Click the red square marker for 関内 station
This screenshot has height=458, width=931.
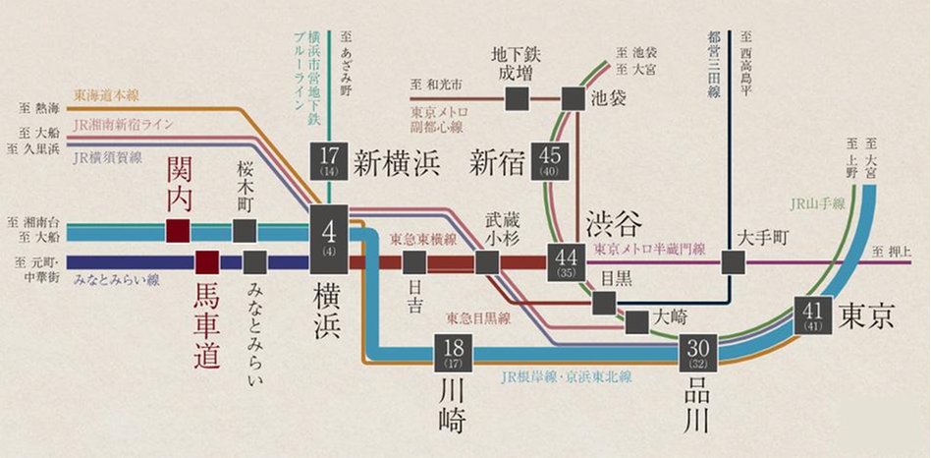coord(178,231)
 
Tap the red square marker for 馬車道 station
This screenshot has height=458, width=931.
coord(206,262)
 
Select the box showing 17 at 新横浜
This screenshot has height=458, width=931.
coord(328,161)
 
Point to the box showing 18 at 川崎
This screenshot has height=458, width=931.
coord(452,354)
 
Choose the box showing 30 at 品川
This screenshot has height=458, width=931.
coord(697,354)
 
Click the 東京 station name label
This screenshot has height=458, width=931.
coord(869,315)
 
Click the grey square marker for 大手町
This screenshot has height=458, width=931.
coord(733,262)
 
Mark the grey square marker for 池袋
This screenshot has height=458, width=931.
coord(573,98)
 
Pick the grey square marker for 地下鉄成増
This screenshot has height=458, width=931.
coord(518,98)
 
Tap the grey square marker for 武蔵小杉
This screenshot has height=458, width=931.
coord(487,262)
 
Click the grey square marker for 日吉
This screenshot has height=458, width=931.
coord(414,262)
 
